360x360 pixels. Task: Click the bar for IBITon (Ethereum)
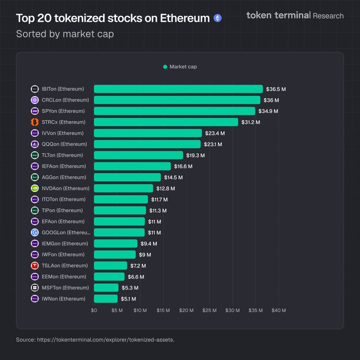(178, 89)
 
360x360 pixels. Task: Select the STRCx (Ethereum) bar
(166, 122)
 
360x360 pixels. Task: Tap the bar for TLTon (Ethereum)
(139, 155)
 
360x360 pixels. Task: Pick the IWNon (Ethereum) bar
(106, 299)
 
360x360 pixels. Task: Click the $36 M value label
(271, 100)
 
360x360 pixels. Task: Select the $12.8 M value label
(165, 188)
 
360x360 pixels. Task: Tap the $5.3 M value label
(130, 288)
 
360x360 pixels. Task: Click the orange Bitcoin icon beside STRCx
(35, 122)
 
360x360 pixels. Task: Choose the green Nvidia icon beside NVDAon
(35, 188)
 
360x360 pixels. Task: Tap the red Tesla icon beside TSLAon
(35, 266)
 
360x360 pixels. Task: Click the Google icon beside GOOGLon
(35, 232)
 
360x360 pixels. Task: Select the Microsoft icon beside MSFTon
(35, 288)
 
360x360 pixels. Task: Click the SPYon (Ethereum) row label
(63, 111)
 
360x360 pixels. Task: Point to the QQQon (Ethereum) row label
(64, 144)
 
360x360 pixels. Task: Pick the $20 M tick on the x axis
(186, 311)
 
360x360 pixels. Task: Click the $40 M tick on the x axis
(279, 311)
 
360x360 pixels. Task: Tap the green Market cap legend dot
(165, 67)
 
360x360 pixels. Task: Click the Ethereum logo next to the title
(218, 18)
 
